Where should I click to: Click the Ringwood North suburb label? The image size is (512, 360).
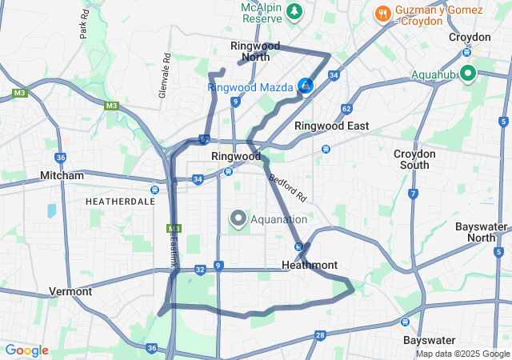pos(250,51)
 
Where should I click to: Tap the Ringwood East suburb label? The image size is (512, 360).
pos(331,126)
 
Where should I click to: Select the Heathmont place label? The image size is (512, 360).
pos(310,265)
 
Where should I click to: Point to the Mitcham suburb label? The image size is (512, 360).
pos(62,175)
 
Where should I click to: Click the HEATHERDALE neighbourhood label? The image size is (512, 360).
pos(120,202)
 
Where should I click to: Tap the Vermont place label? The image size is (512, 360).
pos(70,291)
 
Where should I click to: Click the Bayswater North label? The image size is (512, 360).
pos(482,232)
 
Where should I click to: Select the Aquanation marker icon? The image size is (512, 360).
pos(238,218)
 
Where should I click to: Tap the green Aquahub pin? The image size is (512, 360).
pos(466,74)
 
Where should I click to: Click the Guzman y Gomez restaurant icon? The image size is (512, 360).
pos(382,14)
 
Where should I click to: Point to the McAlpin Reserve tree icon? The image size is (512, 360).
pos(295,11)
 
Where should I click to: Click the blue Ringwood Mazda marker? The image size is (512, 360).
pos(305,85)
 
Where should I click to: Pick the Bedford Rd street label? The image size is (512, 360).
pos(288,187)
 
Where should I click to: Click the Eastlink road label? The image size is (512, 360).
pos(175,246)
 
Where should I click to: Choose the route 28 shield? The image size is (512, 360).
pos(320,335)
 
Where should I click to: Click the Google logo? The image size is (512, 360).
pos(26,350)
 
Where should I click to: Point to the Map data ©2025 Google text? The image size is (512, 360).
pos(462,354)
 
